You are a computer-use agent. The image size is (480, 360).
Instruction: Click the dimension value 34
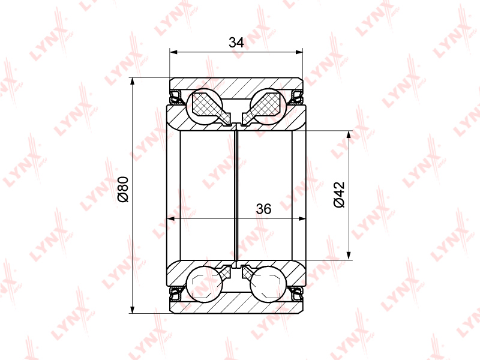click(236, 43)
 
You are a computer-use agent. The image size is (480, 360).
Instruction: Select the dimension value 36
click(263, 209)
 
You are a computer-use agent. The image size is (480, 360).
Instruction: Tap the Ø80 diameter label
click(124, 189)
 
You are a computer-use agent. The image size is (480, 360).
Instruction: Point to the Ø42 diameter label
click(339, 194)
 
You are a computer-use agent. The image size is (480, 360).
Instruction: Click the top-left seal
click(176, 97)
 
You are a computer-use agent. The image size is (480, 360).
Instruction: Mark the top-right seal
click(296, 97)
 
